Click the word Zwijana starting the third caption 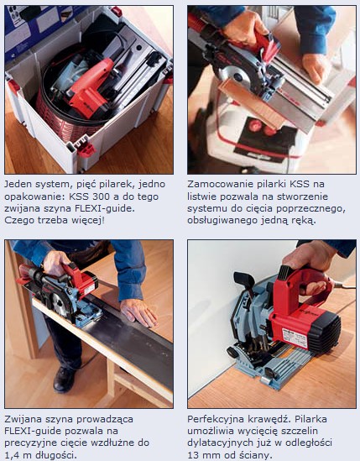click(x=24, y=419)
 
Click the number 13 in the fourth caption click(x=193, y=455)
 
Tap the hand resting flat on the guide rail click(x=138, y=312)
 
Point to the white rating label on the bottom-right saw click(x=295, y=337)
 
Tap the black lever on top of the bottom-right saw click(x=245, y=281)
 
